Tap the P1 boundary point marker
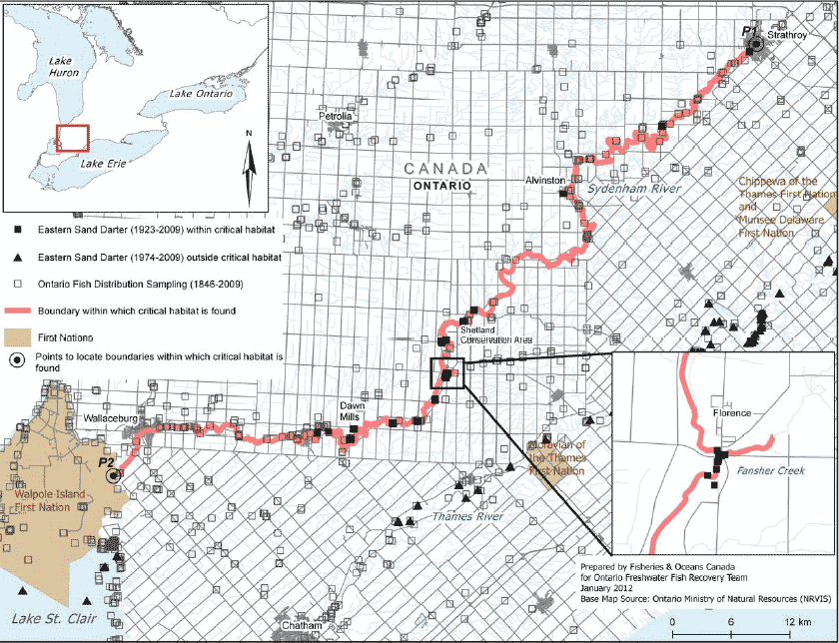point(756,44)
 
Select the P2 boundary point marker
point(114,476)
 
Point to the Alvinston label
point(546,181)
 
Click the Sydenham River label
point(633,189)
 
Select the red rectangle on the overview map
point(73,138)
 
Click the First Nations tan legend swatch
point(18,336)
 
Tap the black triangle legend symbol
point(18,258)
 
